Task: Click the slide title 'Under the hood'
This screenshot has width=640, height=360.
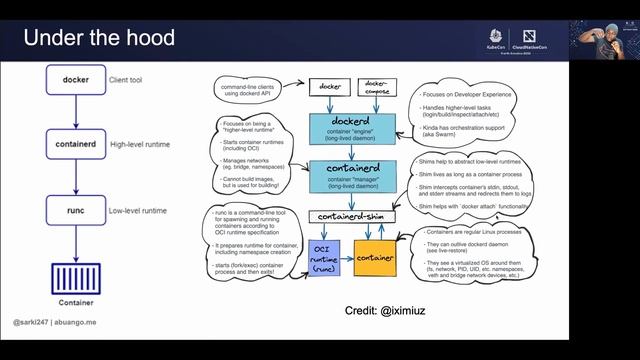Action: [99, 39]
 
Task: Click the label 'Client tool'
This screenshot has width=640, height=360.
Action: [130, 79]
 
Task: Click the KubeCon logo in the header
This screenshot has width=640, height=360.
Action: [496, 36]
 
